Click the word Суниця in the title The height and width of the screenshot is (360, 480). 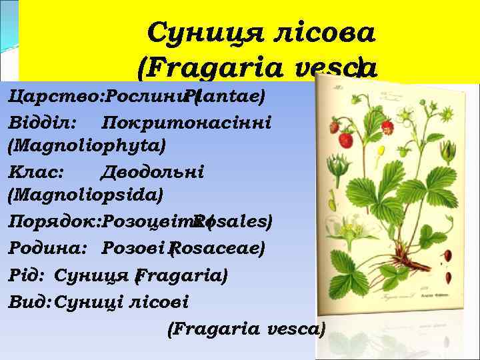[197, 31]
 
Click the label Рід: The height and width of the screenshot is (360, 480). [27, 275]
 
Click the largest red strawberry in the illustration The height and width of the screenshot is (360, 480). [345, 139]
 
